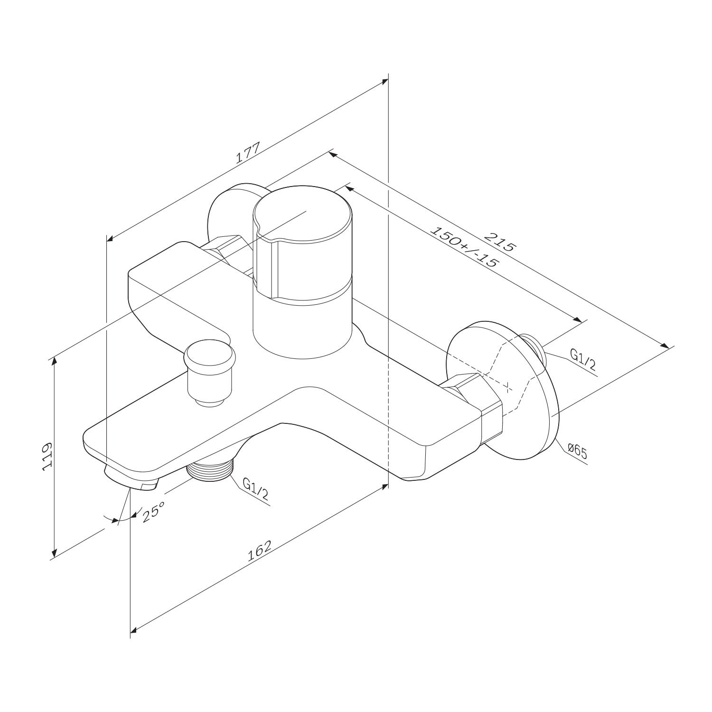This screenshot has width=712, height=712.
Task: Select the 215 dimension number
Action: pos(500,241)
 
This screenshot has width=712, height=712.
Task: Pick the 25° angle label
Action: pos(152,513)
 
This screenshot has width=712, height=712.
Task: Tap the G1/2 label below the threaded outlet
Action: pos(255,489)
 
